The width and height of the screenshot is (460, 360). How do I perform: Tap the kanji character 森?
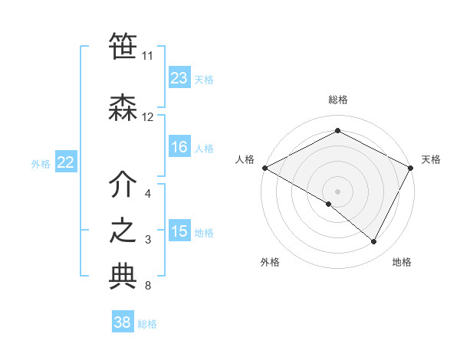[123, 108]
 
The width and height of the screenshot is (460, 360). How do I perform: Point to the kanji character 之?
[123, 231]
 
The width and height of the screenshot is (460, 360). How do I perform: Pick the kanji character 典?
[123, 277]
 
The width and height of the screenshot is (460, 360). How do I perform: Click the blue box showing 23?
[179, 78]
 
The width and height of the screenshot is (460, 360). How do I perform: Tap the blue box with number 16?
[179, 148]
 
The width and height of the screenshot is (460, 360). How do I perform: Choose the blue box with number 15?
[179, 232]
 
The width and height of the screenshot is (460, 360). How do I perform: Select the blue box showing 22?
[66, 162]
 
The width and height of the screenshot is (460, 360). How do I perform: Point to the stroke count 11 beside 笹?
[147, 56]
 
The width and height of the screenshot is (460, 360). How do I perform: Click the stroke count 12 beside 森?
[148, 117]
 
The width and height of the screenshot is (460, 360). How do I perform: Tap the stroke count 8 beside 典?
[147, 286]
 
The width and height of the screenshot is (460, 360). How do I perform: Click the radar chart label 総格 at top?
[337, 100]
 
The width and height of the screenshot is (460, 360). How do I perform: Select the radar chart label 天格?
[431, 159]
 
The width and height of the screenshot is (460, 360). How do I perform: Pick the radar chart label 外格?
[269, 262]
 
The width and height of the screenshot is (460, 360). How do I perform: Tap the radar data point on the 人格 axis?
[264, 168]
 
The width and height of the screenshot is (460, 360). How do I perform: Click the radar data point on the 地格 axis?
[374, 242]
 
